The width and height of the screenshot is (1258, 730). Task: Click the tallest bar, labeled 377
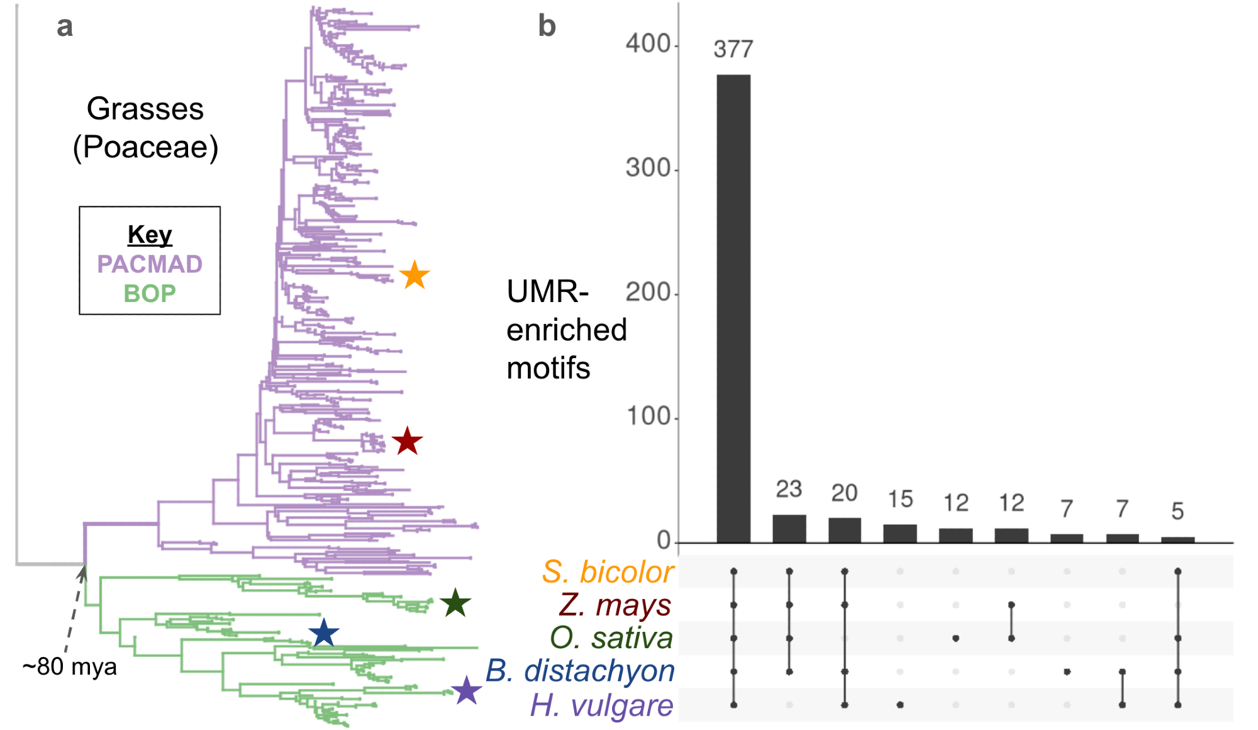pyautogui.click(x=733, y=308)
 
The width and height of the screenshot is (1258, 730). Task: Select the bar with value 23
pyautogui.click(x=789, y=529)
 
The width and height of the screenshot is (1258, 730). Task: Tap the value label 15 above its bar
pyautogui.click(x=900, y=499)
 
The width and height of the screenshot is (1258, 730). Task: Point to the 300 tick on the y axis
pyautogui.click(x=648, y=169)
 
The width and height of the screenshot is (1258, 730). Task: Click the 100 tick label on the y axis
pyautogui.click(x=648, y=417)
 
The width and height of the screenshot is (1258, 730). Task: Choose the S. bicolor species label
pyautogui.click(x=608, y=572)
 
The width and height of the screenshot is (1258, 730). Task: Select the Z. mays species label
pyautogui.click(x=615, y=605)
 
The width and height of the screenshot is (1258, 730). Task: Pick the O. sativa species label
pyautogui.click(x=611, y=638)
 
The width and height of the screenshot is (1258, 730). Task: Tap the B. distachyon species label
pyautogui.click(x=580, y=671)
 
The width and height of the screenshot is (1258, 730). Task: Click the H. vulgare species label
pyautogui.click(x=601, y=705)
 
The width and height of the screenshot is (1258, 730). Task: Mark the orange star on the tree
pyautogui.click(x=415, y=276)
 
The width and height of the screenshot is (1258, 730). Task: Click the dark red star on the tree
pyautogui.click(x=407, y=441)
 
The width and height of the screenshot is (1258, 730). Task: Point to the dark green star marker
pyautogui.click(x=455, y=603)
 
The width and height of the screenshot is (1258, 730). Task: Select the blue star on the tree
pyautogui.click(x=324, y=633)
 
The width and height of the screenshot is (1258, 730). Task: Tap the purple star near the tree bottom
pyautogui.click(x=466, y=690)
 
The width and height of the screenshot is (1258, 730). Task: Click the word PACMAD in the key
pyautogui.click(x=150, y=264)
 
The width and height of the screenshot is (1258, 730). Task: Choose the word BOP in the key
pyautogui.click(x=150, y=294)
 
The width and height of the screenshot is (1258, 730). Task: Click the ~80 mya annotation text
pyautogui.click(x=69, y=667)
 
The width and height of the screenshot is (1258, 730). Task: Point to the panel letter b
pyautogui.click(x=547, y=26)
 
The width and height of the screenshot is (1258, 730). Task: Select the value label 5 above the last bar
pyautogui.click(x=1177, y=511)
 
